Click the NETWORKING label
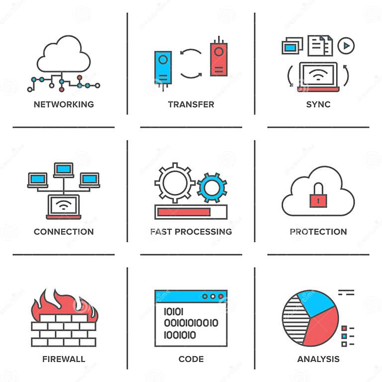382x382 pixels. coord(64,104)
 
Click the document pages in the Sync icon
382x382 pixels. coord(320,46)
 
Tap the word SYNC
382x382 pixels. coord(318,104)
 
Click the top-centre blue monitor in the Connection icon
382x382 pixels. coord(64,170)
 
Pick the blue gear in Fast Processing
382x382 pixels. coord(212,188)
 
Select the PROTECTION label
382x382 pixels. coord(318,232)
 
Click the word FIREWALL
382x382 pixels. coord(64,359)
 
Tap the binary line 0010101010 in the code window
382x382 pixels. coord(191,323)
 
